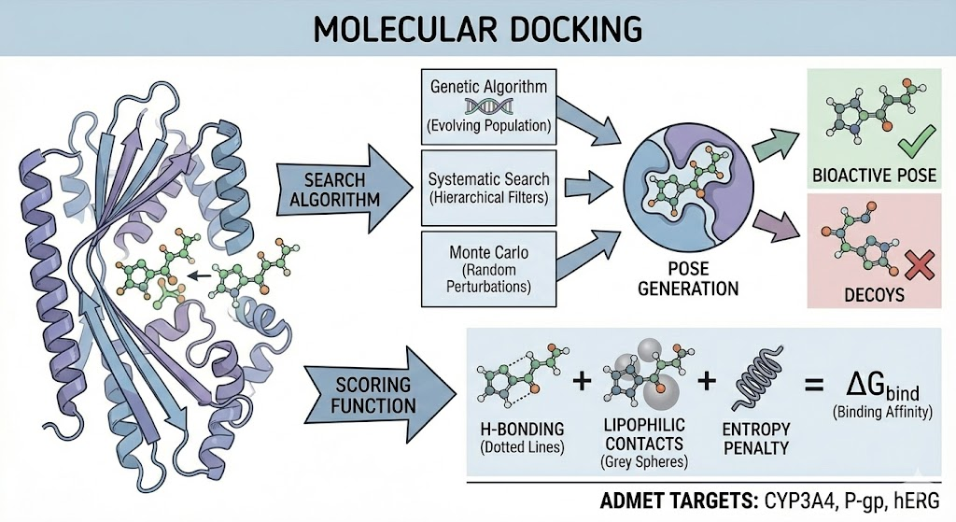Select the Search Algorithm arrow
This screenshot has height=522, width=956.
click(342, 188)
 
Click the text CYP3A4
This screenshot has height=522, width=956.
click(802, 500)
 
